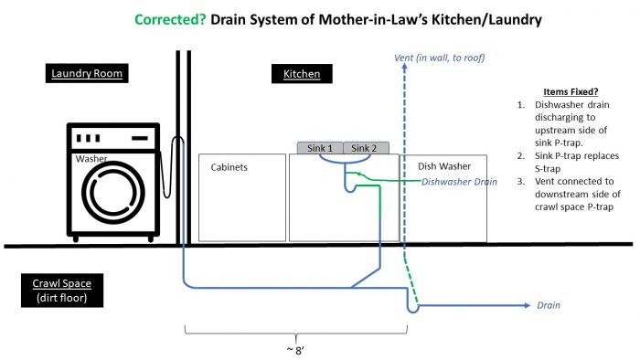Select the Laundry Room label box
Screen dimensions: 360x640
pos(87,73)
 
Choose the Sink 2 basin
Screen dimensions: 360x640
pos(366,147)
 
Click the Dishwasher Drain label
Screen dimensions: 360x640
pos(458,182)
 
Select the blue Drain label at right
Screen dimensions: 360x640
pos(549,305)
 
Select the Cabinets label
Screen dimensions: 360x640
pos(229,167)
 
